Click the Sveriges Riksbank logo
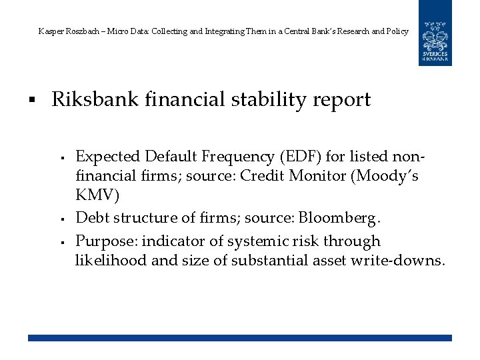click(x=435, y=33)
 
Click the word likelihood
click(x=111, y=260)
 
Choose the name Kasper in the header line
click(x=51, y=31)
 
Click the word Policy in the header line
click(x=397, y=31)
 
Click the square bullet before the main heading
click(x=31, y=101)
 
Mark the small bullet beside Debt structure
click(x=61, y=219)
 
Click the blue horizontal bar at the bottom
click(x=240, y=338)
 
